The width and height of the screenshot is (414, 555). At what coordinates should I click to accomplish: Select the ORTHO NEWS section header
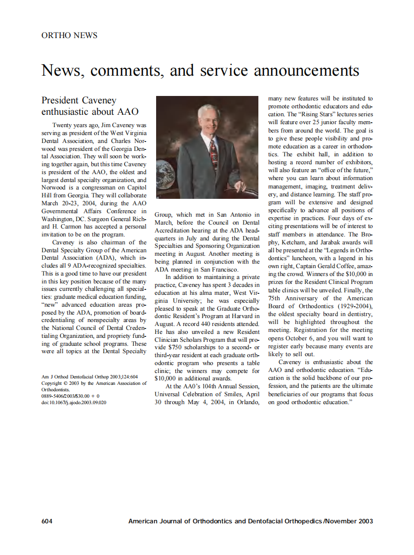pyautogui.click(x=69, y=35)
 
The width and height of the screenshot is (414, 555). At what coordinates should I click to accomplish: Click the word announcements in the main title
pyautogui.click(x=306, y=70)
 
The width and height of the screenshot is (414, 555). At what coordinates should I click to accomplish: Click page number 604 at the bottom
pyautogui.click(x=47, y=521)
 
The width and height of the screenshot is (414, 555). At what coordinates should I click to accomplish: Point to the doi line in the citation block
pyautogui.click(x=74, y=402)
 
